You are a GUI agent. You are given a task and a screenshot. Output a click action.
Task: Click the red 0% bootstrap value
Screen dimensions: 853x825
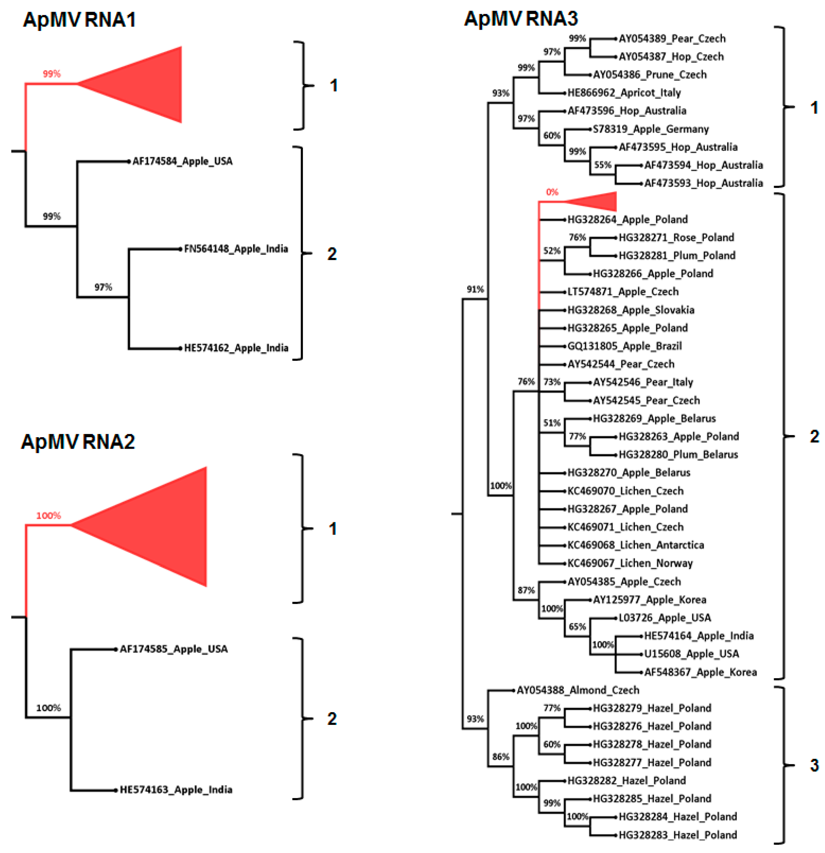pos(552,192)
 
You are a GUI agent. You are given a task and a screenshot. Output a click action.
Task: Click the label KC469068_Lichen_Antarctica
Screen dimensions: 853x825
pos(635,545)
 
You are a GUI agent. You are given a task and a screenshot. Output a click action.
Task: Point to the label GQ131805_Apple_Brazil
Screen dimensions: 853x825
pos(625,346)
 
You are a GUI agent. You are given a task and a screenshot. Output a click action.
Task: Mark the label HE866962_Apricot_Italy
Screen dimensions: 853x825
pos(624,93)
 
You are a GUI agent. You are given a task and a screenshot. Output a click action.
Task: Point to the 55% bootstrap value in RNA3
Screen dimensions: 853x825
pos(603,165)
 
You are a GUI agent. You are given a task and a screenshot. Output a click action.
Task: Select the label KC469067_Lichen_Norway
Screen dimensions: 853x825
pos(630,563)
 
